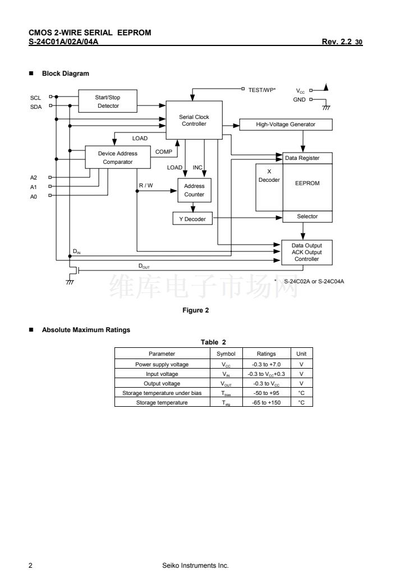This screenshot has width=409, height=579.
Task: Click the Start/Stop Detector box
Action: [x=108, y=102]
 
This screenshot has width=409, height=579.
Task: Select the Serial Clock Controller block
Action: [x=194, y=121]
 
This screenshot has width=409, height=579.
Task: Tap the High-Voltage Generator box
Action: [x=286, y=125]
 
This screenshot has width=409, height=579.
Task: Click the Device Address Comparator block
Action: [x=117, y=158]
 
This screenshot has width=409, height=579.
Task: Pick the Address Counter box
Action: [x=194, y=190]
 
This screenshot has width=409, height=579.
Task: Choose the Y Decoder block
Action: [x=192, y=219]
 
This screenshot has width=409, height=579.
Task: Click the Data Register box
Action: [x=302, y=158]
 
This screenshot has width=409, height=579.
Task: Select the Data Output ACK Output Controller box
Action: [x=306, y=252]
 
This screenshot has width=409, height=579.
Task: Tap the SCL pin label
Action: [x=35, y=98]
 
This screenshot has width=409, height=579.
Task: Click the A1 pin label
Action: [x=34, y=186]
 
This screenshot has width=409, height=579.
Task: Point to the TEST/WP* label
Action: [x=262, y=89]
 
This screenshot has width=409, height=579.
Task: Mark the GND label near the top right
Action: [x=299, y=100]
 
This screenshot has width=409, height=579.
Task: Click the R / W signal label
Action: [x=146, y=185]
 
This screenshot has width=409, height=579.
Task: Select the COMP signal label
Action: [x=163, y=151]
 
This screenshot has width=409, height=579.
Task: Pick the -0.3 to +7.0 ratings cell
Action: [x=266, y=364]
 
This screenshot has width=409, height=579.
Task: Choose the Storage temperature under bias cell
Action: [x=162, y=393]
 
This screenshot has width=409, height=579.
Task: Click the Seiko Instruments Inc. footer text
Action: [x=195, y=565]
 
